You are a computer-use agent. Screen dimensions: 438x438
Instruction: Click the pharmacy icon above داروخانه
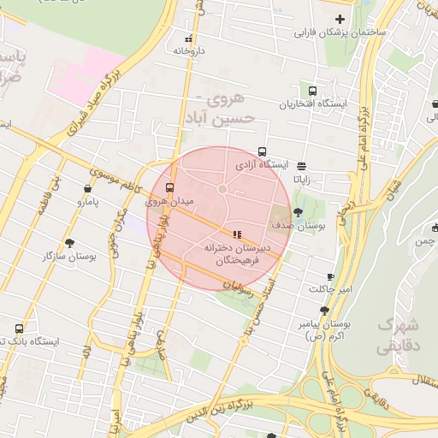pos(189,38)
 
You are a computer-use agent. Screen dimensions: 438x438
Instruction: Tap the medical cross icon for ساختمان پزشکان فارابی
pos(340,19)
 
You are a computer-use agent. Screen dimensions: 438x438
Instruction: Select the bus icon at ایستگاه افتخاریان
pos(312,90)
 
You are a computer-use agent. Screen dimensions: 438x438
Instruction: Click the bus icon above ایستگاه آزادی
pos(262,151)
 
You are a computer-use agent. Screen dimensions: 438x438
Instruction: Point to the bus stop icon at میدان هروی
pos(169,187)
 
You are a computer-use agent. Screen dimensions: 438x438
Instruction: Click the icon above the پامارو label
pos(88,188)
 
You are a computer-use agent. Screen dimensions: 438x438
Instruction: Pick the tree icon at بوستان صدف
pos(297,211)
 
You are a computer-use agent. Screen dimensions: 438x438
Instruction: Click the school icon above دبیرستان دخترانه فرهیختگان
pos(237,234)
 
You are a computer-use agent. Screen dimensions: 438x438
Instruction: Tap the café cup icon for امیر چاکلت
pos(331,277)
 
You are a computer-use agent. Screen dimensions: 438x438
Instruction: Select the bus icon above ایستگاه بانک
pos(19,328)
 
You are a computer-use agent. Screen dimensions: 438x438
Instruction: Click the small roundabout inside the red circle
pos(222,188)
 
